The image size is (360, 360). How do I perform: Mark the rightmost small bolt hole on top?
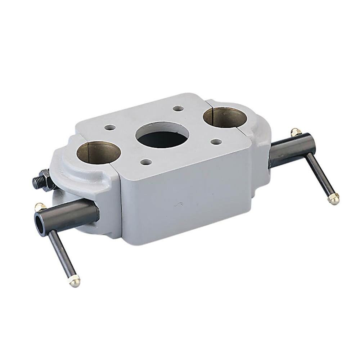tap(215, 142)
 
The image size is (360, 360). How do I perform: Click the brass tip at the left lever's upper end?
tap(40, 206)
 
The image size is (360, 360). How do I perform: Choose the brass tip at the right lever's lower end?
tap(334, 198)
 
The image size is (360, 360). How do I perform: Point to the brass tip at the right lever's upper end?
tap(295, 132)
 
